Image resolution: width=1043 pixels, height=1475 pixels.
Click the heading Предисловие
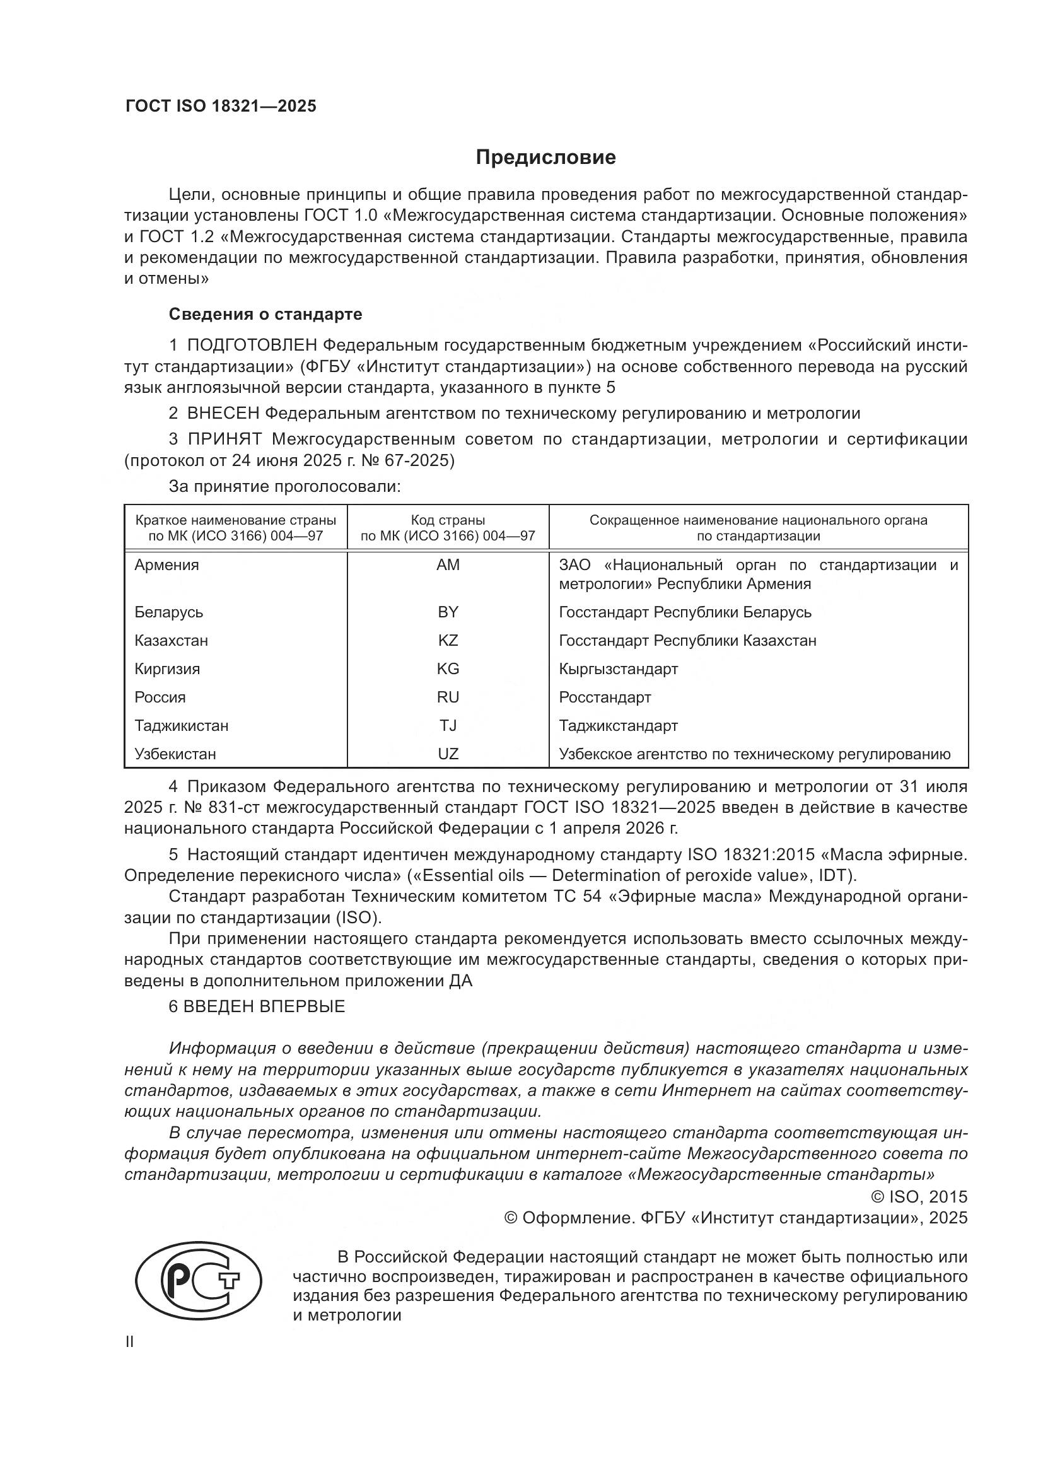click(545, 158)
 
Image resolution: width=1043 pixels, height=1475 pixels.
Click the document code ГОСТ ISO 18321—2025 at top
click(221, 107)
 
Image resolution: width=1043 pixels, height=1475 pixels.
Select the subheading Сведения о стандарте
click(265, 314)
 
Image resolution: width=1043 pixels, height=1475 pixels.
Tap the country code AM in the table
click(448, 564)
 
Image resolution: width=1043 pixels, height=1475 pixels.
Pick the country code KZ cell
click(448, 641)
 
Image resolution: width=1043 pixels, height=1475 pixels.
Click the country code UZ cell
click(448, 754)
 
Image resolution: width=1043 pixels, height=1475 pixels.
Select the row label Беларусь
click(169, 612)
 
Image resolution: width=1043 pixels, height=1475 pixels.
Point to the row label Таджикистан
click(181, 725)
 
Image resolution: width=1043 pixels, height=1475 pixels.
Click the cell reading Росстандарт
click(604, 697)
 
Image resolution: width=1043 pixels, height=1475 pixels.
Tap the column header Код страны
click(448, 520)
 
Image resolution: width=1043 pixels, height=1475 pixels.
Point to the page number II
click(130, 1342)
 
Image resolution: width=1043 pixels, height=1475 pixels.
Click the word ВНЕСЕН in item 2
click(223, 413)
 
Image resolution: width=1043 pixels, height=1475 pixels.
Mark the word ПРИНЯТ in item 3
click(224, 440)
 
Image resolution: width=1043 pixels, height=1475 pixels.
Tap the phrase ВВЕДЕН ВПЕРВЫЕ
click(264, 1006)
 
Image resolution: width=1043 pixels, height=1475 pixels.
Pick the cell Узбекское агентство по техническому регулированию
click(754, 754)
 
